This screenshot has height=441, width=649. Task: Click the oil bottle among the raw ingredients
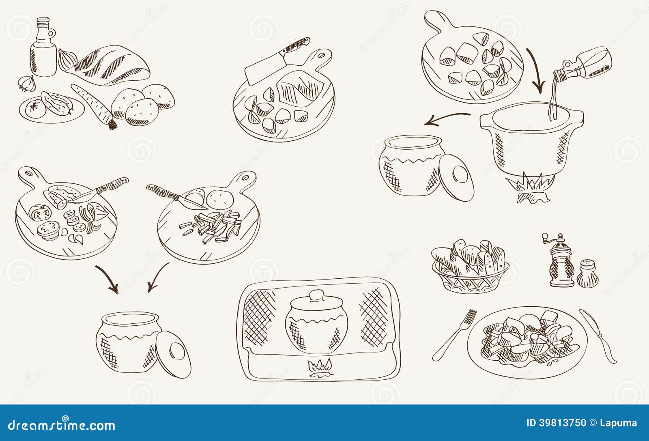pyautogui.click(x=43, y=51)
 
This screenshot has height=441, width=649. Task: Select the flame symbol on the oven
pyautogui.click(x=319, y=368)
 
